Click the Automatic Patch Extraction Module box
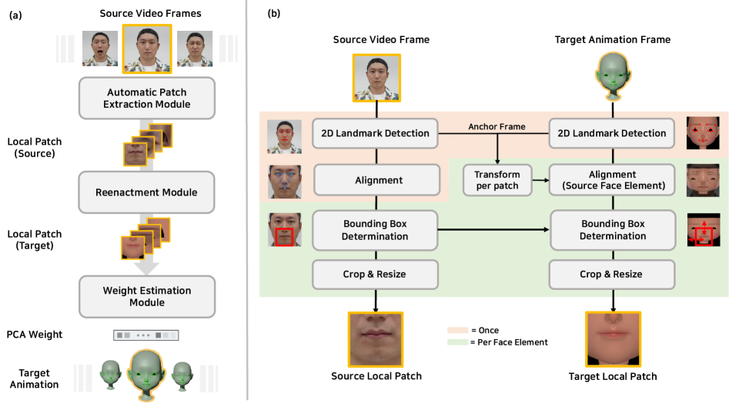(147, 98)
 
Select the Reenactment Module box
(147, 192)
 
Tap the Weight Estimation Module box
(147, 296)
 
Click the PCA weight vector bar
(146, 335)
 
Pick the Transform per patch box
(497, 180)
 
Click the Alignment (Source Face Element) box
(612, 180)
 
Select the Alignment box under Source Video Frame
(375, 180)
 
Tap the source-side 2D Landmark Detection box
(375, 133)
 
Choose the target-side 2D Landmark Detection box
(612, 133)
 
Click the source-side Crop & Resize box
(375, 274)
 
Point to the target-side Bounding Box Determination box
(612, 229)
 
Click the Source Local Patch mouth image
(376, 338)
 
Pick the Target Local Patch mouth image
(614, 338)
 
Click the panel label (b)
(273, 14)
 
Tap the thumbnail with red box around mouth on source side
(283, 229)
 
